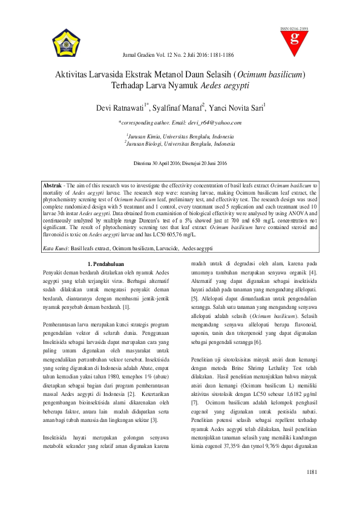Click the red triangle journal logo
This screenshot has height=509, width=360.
click(x=295, y=41)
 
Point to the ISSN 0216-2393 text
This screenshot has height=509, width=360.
click(x=294, y=28)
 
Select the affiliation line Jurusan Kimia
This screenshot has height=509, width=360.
click(x=180, y=138)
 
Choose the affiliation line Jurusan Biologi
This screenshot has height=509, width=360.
click(x=180, y=144)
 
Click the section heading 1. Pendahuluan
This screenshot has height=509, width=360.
click(x=106, y=264)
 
